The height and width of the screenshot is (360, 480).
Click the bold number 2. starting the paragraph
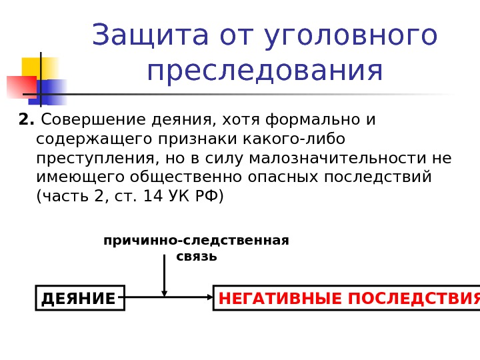pos(27,120)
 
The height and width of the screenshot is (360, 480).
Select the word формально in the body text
pos(313,120)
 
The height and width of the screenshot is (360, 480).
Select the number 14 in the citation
pos(153,197)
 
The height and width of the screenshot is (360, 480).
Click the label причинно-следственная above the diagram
pos(196,241)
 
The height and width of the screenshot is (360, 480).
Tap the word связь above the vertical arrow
pos(197,257)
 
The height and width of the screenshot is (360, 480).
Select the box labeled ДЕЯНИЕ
pos(80,298)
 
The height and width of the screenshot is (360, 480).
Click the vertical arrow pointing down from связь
pos(164,275)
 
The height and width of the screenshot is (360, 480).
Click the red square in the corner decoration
pos(20,87)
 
